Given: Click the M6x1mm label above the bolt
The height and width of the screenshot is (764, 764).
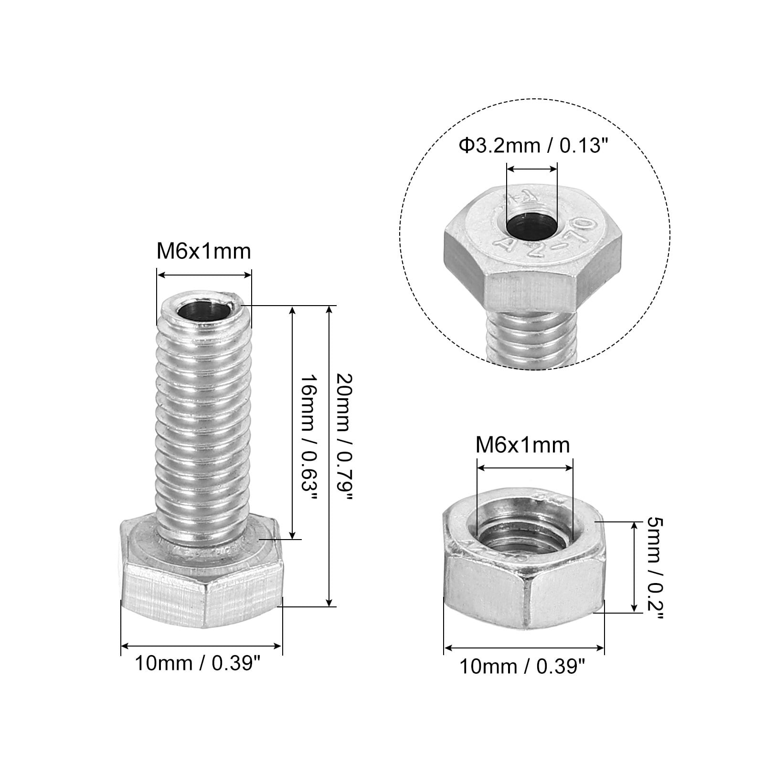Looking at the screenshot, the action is pos(204,251).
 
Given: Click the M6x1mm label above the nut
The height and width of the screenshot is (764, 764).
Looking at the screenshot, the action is pos(523,445).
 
